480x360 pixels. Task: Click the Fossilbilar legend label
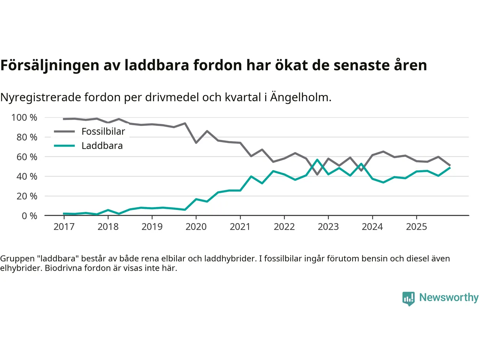coord(103,132)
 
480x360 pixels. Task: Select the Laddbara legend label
coord(102,146)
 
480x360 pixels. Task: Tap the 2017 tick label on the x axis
coord(64,227)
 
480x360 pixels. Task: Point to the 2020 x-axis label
coord(196,227)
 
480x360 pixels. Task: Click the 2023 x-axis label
coord(328,227)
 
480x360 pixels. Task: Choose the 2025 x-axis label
coord(417,227)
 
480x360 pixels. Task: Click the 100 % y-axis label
coord(24,118)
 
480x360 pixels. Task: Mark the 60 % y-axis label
coord(27,157)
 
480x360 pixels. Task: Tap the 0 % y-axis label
coord(29,216)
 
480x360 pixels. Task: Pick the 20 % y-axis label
coord(27,196)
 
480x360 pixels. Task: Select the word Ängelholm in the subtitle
coord(301,97)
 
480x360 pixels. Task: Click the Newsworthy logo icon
coord(408,298)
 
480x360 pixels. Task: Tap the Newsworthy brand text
coord(448,297)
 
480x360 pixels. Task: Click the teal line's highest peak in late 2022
coord(317,160)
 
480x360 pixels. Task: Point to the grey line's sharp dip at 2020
coord(196,143)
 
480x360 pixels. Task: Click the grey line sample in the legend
coord(64,132)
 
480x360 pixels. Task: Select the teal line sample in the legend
coord(64,146)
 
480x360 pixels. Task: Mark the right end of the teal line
coord(450,168)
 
